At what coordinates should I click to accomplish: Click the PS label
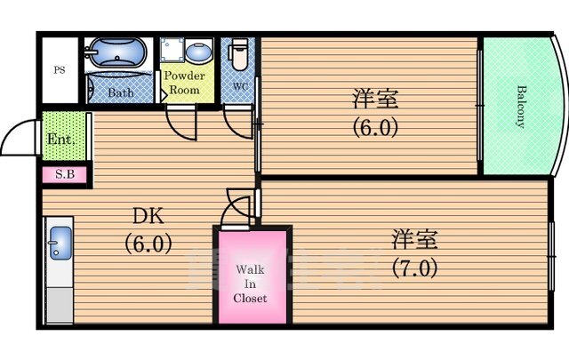click(x=60, y=69)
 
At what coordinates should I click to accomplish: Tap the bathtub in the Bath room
click(x=117, y=52)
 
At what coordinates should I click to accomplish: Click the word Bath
click(x=121, y=92)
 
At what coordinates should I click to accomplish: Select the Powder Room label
click(x=185, y=83)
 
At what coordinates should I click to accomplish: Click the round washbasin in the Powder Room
click(x=198, y=52)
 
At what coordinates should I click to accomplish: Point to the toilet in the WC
click(x=238, y=53)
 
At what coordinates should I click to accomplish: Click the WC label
click(x=240, y=86)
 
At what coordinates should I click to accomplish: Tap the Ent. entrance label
click(x=61, y=139)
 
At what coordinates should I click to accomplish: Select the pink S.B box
click(x=65, y=175)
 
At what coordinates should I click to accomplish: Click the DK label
click(x=148, y=216)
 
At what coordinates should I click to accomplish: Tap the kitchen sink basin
click(x=60, y=243)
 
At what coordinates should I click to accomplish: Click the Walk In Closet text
click(x=250, y=284)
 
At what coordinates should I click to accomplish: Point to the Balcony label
click(x=521, y=107)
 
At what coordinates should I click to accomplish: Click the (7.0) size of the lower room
click(x=414, y=268)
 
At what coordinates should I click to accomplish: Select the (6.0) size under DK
click(x=148, y=244)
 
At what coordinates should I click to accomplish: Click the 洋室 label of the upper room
click(x=375, y=99)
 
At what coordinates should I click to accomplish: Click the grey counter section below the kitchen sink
click(x=60, y=306)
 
